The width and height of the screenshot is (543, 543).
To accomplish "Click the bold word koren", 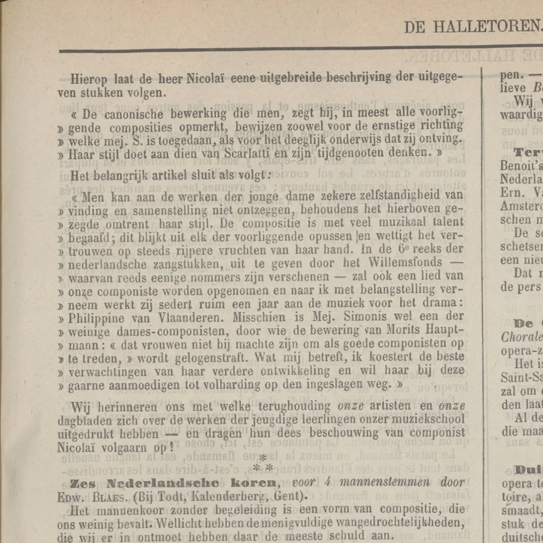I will click(x=252, y=483).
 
